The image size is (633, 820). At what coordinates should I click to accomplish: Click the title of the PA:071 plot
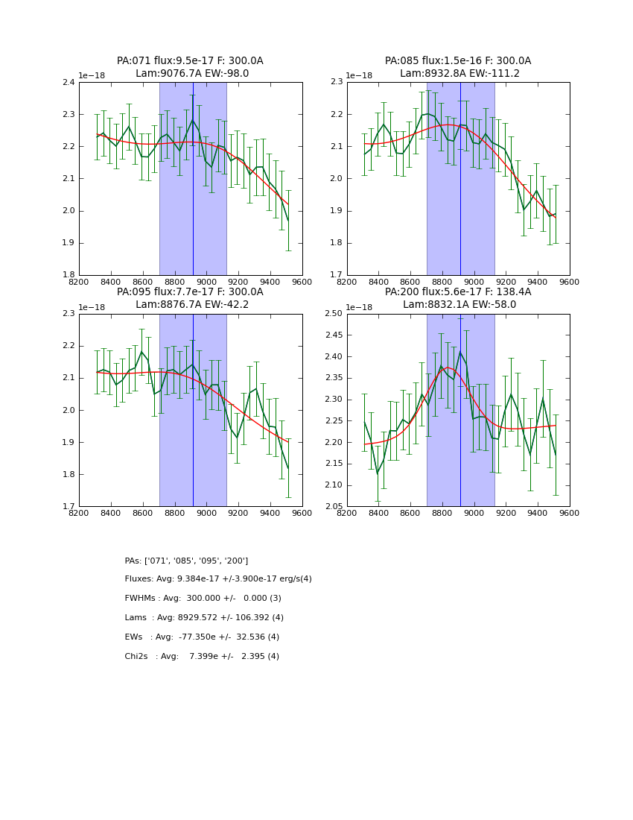[190, 61]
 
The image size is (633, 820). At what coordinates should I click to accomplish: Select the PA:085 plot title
[458, 61]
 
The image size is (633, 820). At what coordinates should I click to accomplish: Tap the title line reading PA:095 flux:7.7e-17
[190, 292]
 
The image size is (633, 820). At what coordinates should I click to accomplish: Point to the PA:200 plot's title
[458, 292]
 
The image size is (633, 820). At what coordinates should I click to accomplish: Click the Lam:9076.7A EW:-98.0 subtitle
[192, 74]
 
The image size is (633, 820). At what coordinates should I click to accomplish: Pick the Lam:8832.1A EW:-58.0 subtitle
[459, 305]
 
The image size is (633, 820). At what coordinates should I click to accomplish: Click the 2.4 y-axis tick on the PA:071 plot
[68, 83]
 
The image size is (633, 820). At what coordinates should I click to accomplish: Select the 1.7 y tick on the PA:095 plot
[68, 507]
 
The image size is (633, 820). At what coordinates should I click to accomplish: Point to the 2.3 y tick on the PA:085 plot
[336, 83]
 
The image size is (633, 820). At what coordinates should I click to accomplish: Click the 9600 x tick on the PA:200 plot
[569, 513]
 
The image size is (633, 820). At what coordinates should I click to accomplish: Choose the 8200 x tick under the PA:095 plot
[79, 513]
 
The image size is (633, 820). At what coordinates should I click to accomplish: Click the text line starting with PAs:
[186, 561]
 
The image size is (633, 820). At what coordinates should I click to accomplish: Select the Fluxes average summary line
[218, 579]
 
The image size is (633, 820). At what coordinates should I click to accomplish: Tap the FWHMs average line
[203, 599]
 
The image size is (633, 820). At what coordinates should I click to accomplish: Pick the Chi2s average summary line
[202, 657]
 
